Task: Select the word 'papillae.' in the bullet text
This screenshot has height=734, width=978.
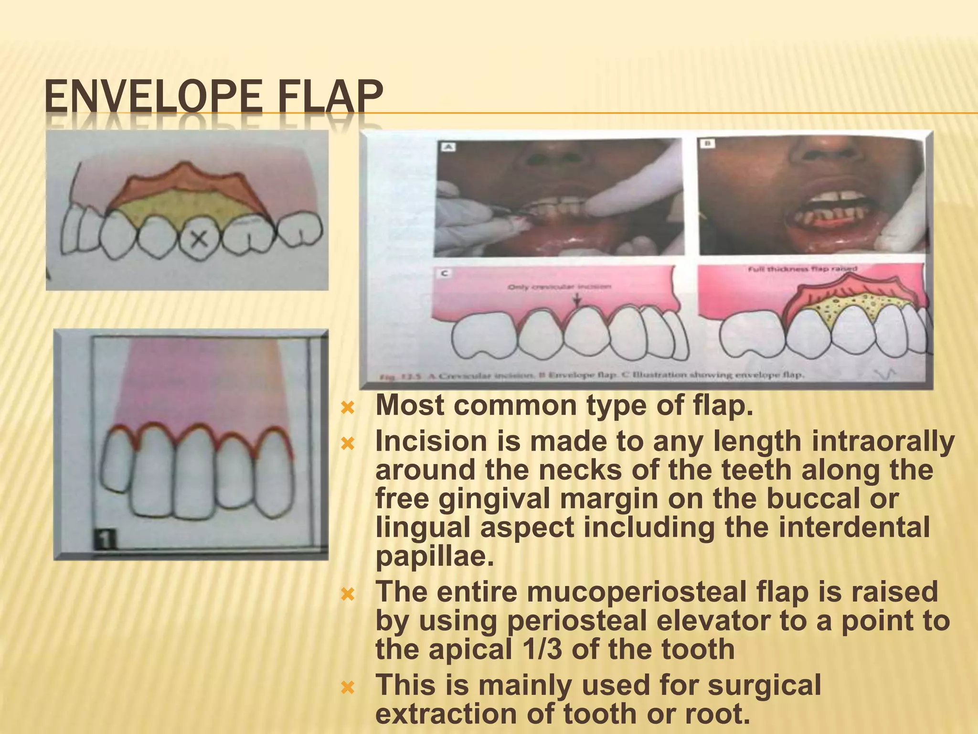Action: tap(435, 556)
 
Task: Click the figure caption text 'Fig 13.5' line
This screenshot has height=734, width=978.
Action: tap(592, 376)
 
